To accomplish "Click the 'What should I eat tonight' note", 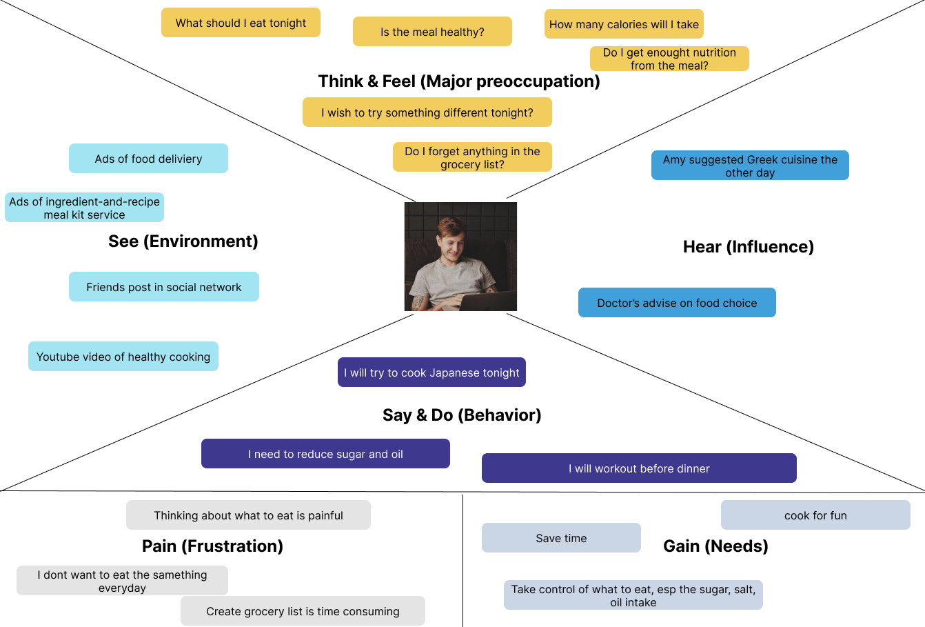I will pyautogui.click(x=241, y=23).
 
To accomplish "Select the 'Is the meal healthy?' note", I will pyautogui.click(x=432, y=32).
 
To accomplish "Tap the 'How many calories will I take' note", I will pyautogui.click(x=624, y=24).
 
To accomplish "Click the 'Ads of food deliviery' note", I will pyautogui.click(x=148, y=159).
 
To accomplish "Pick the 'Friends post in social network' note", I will pyautogui.click(x=164, y=287).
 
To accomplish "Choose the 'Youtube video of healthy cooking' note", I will pyautogui.click(x=123, y=357).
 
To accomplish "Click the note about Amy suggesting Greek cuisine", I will pyautogui.click(x=750, y=166).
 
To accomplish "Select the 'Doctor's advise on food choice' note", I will pyautogui.click(x=677, y=303).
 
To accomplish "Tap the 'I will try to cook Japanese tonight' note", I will pyautogui.click(x=431, y=372).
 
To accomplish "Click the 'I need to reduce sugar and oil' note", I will pyautogui.click(x=325, y=454).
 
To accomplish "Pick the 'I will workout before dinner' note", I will pyautogui.click(x=639, y=468).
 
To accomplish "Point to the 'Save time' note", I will pyautogui.click(x=561, y=538).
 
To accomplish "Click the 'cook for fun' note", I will pyautogui.click(x=815, y=515).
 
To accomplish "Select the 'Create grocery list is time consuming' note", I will pyautogui.click(x=303, y=611).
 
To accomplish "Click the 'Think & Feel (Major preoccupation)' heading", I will pyautogui.click(x=459, y=81).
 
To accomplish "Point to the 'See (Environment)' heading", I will pyautogui.click(x=183, y=241).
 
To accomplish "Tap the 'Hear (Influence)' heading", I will pyautogui.click(x=749, y=247).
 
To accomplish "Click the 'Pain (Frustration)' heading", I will pyautogui.click(x=212, y=546).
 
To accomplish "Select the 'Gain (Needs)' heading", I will pyautogui.click(x=715, y=546).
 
